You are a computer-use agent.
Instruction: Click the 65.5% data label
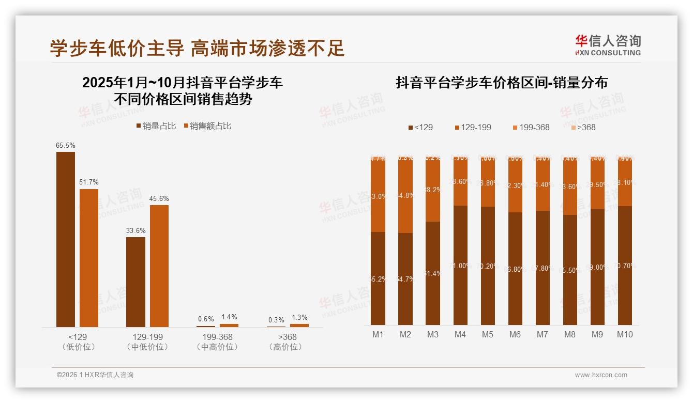pos(65,145)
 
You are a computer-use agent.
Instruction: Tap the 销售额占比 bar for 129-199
pos(159,266)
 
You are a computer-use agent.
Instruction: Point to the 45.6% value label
pos(159,198)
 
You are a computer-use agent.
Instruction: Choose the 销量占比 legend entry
pos(156,126)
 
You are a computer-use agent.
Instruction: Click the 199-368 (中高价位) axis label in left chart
pos(218,342)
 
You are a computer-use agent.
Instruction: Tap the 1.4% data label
pos(229,317)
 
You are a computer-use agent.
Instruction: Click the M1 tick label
pos(378,334)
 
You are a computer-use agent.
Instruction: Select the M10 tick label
pos(625,334)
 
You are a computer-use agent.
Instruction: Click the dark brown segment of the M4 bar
pos(460,265)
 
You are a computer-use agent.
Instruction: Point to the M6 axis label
pos(515,334)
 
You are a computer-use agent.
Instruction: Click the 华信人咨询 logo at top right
pos(608,45)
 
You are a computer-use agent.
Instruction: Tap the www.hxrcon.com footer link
pos(601,375)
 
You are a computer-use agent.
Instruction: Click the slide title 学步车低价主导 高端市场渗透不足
pos(197,49)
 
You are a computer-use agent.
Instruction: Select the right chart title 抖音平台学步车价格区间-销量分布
pos(501,83)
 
